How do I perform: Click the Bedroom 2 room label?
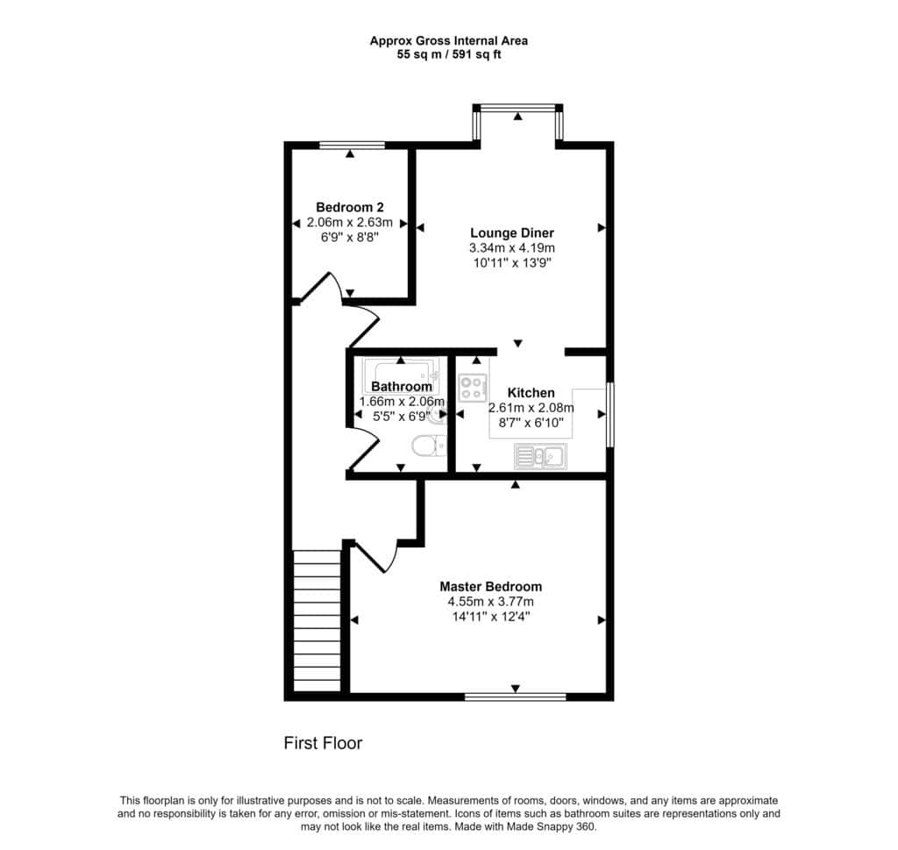pos(350,207)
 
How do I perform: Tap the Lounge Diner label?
pos(512,233)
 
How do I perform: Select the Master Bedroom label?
pos(491,587)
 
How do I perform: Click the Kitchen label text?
pos(531,393)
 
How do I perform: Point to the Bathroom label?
pos(402,387)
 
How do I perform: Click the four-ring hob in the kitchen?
pos(473,387)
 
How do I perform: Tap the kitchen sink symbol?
pos(540,456)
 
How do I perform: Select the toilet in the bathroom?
pos(429,446)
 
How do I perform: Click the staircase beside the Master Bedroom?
pos(317,621)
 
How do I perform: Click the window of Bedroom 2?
pos(352,146)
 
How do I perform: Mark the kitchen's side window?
pos(610,415)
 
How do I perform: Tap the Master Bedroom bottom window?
pos(515,697)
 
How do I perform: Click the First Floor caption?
pos(323,744)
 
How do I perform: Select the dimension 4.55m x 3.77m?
pos(491,602)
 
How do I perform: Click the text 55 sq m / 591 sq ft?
pos(449,55)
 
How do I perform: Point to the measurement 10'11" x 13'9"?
pos(512,263)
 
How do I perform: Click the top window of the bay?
pos(517,107)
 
